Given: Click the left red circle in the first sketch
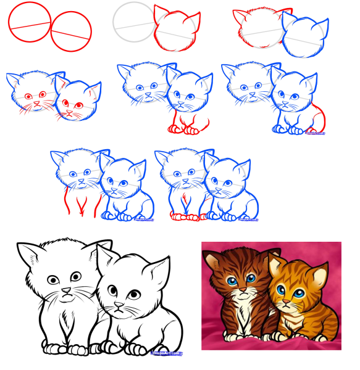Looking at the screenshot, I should [29, 22].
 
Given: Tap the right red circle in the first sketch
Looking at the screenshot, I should [71, 33].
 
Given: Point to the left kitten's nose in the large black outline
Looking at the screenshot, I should [65, 289].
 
